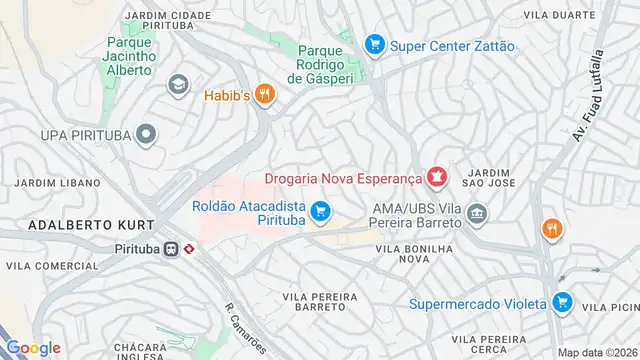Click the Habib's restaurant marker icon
tap(264, 95)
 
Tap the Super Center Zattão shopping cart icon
tap(375, 45)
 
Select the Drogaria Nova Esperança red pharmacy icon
tap(435, 179)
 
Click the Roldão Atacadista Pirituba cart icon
tap(320, 211)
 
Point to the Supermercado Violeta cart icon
tap(561, 302)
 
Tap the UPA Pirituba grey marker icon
tap(147, 134)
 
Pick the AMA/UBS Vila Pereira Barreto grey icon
tap(476, 213)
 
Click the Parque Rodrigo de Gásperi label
tap(322, 63)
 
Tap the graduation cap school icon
tap(179, 85)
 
